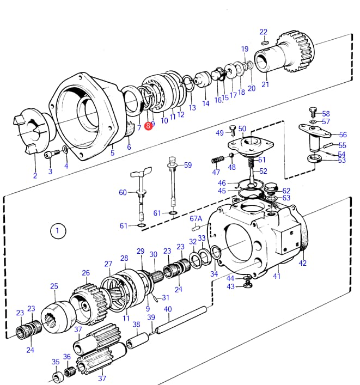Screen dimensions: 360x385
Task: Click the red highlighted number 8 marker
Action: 148,126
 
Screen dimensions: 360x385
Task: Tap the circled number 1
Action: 58,231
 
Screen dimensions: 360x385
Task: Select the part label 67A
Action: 196,218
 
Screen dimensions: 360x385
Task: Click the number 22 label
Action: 263,32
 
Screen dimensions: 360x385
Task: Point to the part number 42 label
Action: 302,263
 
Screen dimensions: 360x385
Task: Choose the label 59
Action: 188,165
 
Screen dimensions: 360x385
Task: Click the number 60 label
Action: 123,192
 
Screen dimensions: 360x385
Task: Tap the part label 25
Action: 54,286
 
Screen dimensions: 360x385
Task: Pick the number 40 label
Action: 168,309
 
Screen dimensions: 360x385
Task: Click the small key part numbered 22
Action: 264,42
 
